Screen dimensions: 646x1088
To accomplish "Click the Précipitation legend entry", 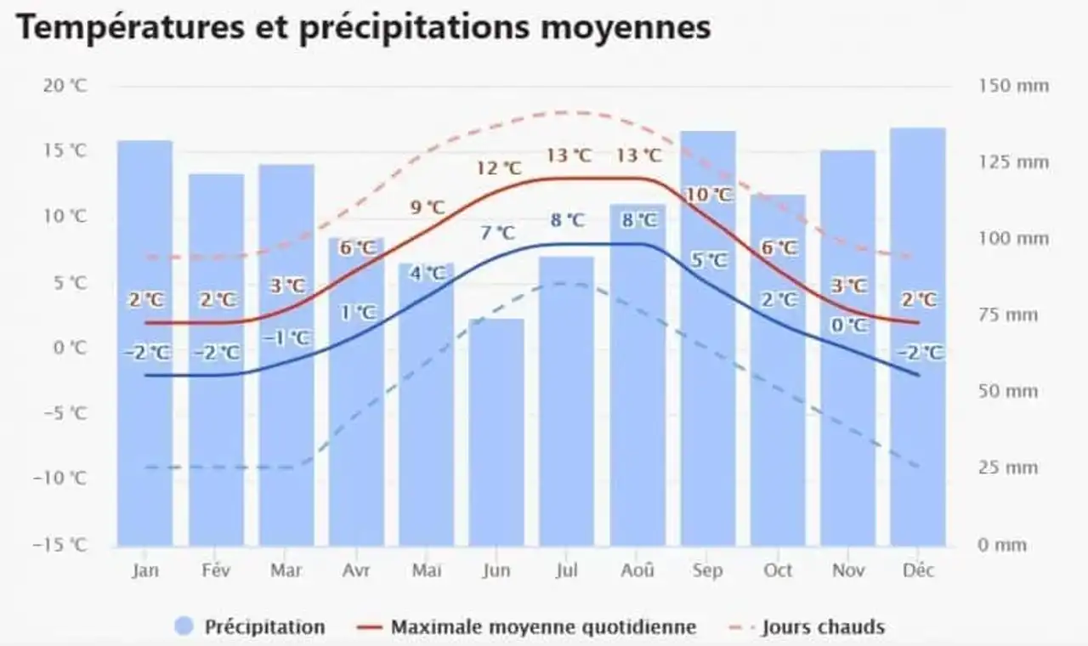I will tap(251, 627).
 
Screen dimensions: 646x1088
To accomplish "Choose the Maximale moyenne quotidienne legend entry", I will tap(527, 627).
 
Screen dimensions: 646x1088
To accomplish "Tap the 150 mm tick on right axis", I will tap(1014, 86).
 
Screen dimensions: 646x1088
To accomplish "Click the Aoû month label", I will tap(637, 570).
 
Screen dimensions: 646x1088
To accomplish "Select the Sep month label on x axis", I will tap(707, 570).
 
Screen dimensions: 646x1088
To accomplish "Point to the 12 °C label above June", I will tap(499, 168).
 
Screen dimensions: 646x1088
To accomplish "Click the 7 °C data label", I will tap(496, 233).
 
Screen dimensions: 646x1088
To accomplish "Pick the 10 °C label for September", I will tap(709, 195).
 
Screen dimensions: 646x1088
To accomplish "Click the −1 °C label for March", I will tap(286, 337).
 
